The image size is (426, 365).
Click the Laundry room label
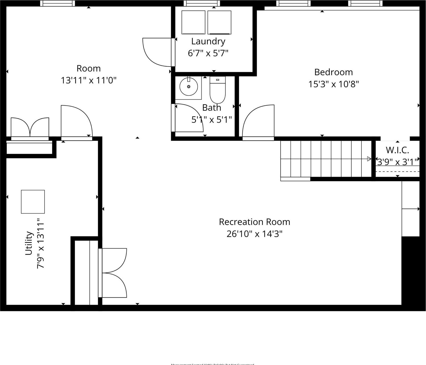click(x=208, y=41)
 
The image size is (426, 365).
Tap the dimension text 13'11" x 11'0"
click(x=89, y=81)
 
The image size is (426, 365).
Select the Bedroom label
click(x=333, y=72)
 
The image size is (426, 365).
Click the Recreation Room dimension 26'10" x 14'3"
click(x=254, y=234)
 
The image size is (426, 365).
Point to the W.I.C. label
click(x=397, y=150)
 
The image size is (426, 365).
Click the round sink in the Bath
click(x=189, y=87)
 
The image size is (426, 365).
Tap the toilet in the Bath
click(x=217, y=90)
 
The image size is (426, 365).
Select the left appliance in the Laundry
click(x=193, y=22)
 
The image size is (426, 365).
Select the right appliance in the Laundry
click(x=219, y=22)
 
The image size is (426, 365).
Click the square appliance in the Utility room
click(x=33, y=202)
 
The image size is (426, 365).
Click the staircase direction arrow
click(x=369, y=159)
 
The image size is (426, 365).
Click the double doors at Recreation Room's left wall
click(x=114, y=273)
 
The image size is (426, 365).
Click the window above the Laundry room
click(x=202, y=3)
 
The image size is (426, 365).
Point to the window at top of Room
click(x=58, y=3)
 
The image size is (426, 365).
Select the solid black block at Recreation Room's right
click(x=410, y=270)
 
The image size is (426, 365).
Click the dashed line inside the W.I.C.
click(x=397, y=172)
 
